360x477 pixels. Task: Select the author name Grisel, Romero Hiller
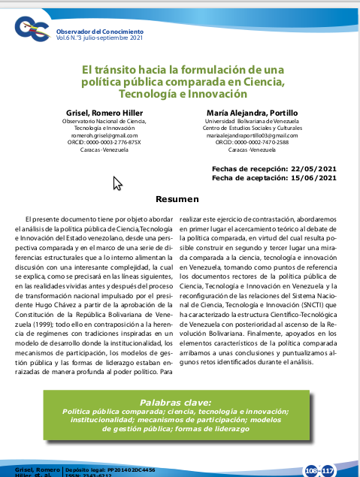click(103, 113)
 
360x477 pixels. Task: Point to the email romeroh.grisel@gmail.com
click(103, 135)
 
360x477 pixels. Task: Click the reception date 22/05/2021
click(307, 169)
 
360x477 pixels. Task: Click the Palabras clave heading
click(180, 402)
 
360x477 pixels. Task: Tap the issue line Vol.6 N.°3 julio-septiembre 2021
click(99, 37)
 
